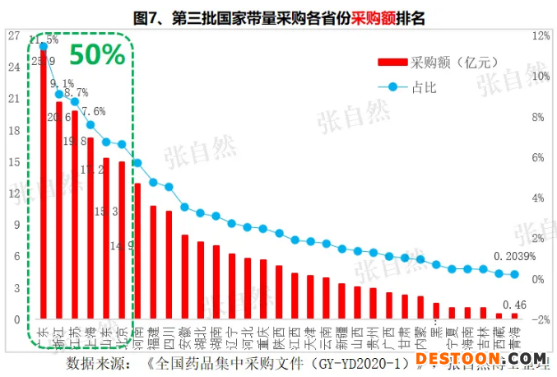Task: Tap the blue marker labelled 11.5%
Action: click(43, 46)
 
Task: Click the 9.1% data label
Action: click(62, 83)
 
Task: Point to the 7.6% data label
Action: click(93, 111)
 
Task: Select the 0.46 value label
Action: click(514, 305)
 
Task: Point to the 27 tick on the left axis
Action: click(13, 35)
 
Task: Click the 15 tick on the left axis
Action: click(13, 162)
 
